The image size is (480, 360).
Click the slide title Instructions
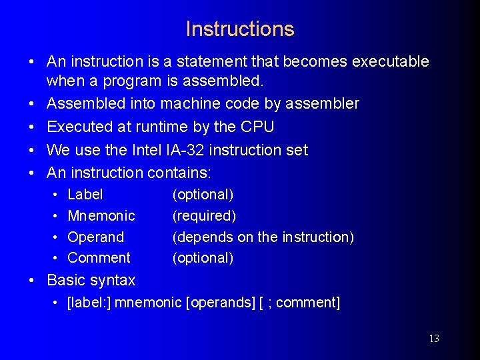239,29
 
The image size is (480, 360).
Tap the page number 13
433,339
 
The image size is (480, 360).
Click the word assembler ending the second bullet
322,104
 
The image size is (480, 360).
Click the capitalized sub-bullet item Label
85,195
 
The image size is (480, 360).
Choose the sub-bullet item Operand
96,237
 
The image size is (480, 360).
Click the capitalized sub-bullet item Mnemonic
101,216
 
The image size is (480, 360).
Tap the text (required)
204,216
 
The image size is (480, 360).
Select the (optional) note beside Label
203,195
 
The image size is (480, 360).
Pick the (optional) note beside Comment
203,258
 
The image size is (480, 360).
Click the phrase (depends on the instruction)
263,237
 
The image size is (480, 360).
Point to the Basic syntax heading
91,280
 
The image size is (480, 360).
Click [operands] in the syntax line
221,303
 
